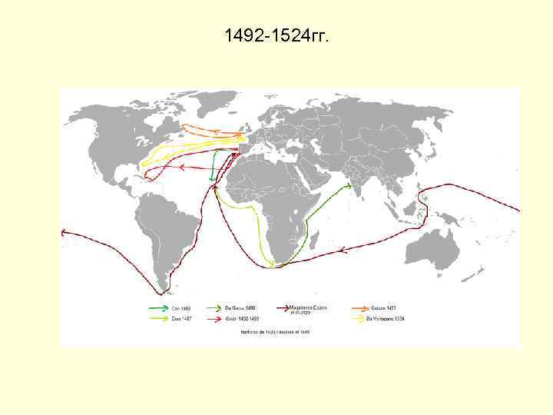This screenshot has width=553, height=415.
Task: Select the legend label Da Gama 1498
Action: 240,307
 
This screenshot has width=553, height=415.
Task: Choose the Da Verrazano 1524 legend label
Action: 386,318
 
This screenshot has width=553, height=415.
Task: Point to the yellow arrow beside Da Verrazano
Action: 358,318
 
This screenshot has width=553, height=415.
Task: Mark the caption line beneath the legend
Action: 274,332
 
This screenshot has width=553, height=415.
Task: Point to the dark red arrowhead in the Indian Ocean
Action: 343,248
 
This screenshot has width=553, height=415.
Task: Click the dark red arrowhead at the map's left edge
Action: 65,231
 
